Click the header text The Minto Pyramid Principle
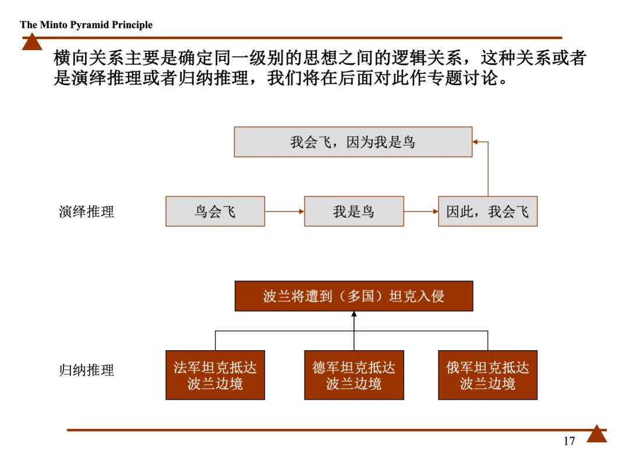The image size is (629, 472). tap(86, 24)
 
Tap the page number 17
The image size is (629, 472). tap(569, 441)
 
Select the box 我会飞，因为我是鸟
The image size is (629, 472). tap(353, 142)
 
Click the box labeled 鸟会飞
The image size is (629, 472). tap(215, 211)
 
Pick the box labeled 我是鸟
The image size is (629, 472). tap(354, 211)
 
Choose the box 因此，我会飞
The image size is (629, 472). tap(487, 211)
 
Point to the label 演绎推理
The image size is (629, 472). tap(86, 212)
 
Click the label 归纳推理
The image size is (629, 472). tap(86, 370)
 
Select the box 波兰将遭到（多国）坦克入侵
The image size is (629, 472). tap(354, 296)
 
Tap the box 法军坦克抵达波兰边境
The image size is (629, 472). tap(215, 375)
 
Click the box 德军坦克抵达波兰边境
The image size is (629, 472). tap(354, 375)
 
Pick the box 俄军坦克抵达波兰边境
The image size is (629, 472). tap(487, 375)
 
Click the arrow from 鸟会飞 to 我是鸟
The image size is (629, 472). tap(284, 211)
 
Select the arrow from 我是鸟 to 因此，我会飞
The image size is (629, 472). tap(420, 211)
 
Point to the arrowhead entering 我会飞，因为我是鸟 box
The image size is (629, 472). tap(475, 142)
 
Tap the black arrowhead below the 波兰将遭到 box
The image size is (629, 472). tap(354, 315)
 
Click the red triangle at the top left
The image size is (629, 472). tap(32, 43)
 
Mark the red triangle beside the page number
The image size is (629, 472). tap(596, 434)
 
